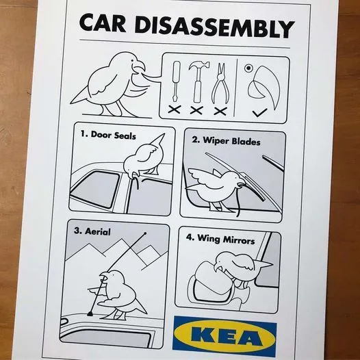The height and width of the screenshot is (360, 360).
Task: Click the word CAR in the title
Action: coord(103,23)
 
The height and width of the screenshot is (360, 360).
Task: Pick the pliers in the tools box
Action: coord(220,83)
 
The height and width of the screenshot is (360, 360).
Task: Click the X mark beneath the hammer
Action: coord(196,110)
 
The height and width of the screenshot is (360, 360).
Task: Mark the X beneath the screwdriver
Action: coord(175,109)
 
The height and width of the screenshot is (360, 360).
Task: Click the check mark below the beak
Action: coord(259,112)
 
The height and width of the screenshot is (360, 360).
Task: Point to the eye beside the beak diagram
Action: coord(248,68)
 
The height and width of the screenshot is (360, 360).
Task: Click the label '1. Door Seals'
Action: coord(108,135)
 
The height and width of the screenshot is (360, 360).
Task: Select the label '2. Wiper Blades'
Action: coord(226,141)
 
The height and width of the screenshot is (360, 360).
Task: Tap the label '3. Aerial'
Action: coord(92,231)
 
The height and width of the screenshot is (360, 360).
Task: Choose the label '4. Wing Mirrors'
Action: coord(220,239)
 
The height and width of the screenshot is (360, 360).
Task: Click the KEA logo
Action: coord(224,336)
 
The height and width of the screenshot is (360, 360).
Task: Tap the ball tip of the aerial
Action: coord(145,233)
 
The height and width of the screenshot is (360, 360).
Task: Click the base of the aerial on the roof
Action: coord(90,313)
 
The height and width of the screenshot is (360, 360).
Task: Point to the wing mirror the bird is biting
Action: coord(211,284)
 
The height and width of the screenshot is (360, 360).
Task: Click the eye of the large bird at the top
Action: coord(133,60)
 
